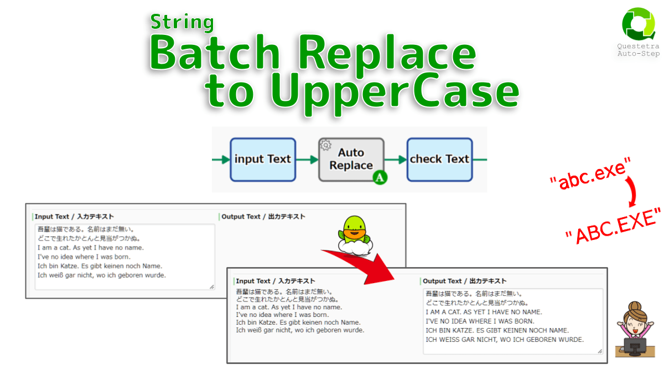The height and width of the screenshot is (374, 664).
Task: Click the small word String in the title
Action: (182, 22)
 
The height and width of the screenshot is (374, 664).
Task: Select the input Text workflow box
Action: (263, 160)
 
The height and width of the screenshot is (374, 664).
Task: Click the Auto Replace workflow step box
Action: (351, 160)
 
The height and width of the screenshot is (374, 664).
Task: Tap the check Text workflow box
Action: (439, 160)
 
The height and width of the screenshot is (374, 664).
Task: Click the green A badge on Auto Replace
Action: (380, 178)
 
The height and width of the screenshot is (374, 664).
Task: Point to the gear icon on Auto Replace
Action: (326, 146)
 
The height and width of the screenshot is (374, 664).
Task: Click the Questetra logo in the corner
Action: (638, 25)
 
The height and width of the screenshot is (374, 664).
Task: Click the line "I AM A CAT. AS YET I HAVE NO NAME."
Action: (484, 312)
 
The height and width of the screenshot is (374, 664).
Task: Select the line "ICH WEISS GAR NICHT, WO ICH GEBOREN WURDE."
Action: (505, 340)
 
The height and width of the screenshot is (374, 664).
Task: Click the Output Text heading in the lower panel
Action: (464, 281)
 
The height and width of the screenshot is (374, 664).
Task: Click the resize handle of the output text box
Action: (599, 351)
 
